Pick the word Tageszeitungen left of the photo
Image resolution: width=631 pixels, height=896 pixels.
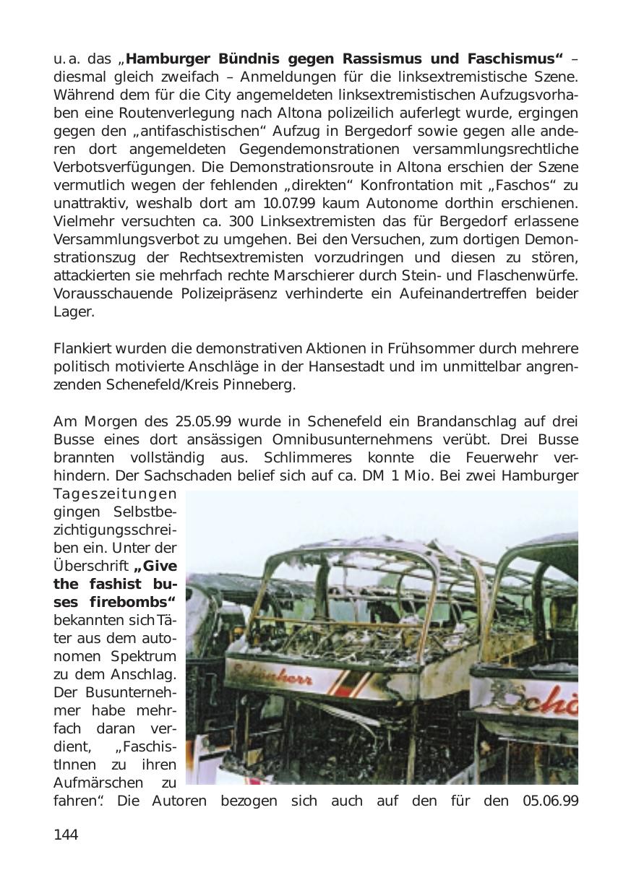click(x=114, y=494)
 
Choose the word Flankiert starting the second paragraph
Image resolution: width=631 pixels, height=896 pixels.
click(x=82, y=349)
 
